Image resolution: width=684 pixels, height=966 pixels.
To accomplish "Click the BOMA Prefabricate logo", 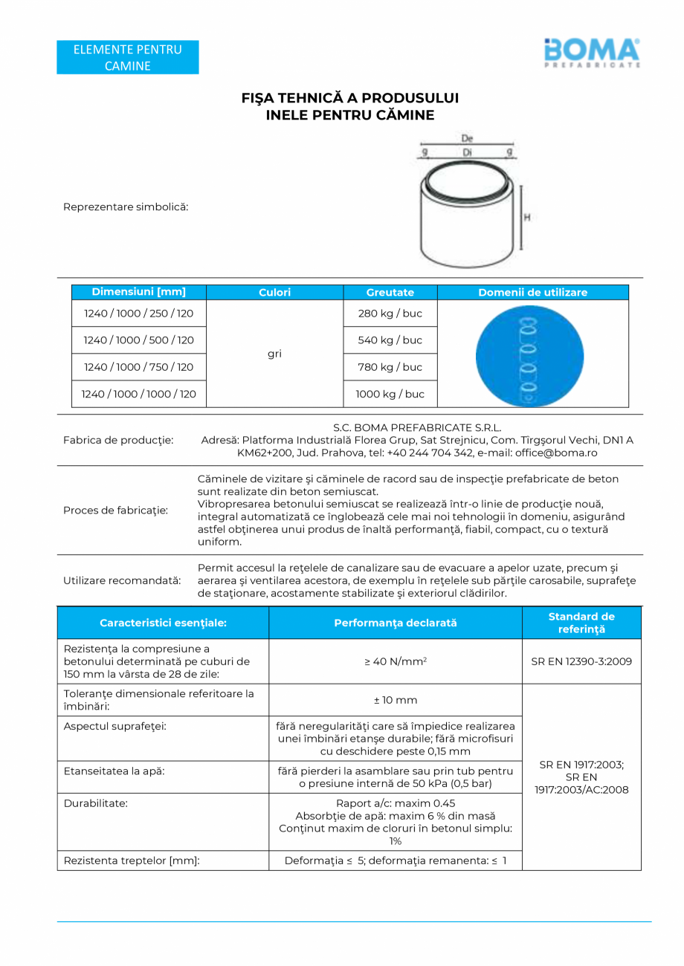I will (x=592, y=53).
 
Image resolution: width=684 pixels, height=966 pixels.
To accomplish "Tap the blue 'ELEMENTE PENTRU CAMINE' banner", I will (x=127, y=58).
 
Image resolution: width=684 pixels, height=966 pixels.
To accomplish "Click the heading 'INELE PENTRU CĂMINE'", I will (x=349, y=115).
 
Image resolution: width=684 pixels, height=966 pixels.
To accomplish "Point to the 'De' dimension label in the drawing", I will (x=467, y=139).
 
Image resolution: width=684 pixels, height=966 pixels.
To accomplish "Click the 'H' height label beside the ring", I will (x=526, y=218).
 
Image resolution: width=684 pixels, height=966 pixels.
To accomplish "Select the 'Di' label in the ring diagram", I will (x=467, y=152).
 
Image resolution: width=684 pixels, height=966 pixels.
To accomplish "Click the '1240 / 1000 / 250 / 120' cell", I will (x=138, y=314).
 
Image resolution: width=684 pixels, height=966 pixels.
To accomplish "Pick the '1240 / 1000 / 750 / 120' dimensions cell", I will (x=138, y=367).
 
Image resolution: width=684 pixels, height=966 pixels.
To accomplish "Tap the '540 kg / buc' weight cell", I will (x=390, y=340).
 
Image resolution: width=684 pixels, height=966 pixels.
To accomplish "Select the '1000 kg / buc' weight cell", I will (x=390, y=394).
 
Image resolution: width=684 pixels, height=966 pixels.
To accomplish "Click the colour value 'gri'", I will (x=274, y=354).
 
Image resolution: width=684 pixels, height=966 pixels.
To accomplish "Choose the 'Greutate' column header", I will (x=390, y=293).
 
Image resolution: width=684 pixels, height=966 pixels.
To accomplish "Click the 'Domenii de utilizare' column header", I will (x=532, y=293).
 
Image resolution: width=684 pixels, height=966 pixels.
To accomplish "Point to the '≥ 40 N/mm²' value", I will (x=395, y=661).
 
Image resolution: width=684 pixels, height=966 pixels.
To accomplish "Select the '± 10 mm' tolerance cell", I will (x=395, y=700).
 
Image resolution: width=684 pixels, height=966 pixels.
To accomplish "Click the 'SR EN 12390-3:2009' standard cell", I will (x=581, y=661).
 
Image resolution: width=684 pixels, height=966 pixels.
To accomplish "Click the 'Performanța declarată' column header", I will (x=395, y=623).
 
